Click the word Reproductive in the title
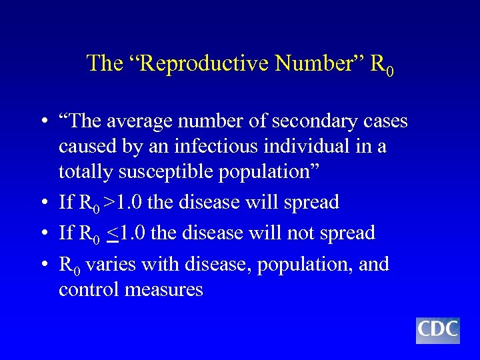pos(185,63)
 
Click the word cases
pos(383,122)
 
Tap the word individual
pos(307,146)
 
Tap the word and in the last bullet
pos(375,265)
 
